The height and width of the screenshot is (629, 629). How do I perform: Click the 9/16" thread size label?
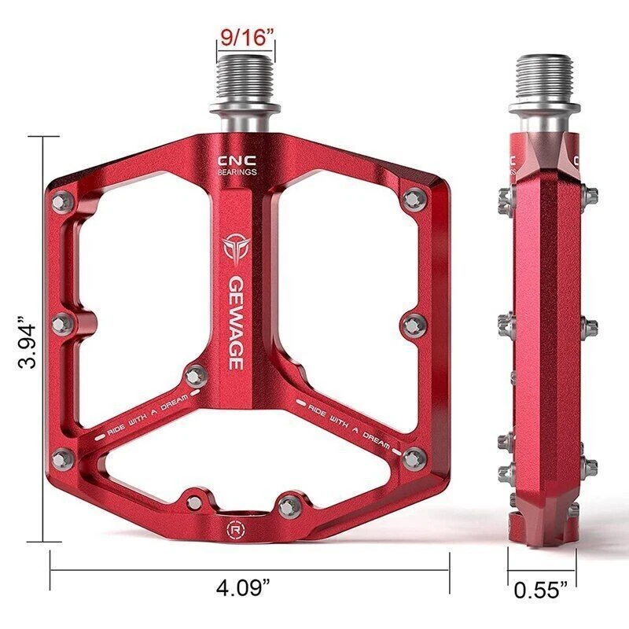246,36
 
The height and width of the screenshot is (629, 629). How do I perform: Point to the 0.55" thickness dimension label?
541,589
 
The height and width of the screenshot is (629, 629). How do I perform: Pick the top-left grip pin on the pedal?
64,201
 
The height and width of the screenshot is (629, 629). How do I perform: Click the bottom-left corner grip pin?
63,459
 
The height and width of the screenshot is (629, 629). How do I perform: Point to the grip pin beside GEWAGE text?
196,375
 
